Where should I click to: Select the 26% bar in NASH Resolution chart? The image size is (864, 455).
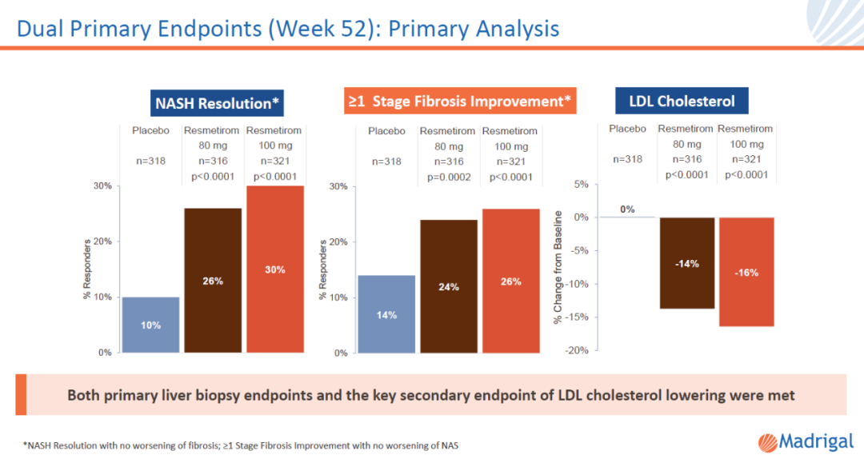click(x=213, y=280)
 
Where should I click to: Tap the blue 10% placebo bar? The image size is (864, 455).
click(x=150, y=325)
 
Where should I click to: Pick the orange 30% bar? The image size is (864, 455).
click(x=275, y=269)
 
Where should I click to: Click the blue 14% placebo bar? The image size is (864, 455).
click(x=386, y=313)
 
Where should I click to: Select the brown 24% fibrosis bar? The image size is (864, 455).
click(x=449, y=285)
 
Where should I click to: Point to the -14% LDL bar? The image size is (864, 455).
click(x=687, y=263)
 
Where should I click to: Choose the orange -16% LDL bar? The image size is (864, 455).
click(x=747, y=272)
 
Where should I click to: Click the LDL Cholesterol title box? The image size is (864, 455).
click(x=682, y=102)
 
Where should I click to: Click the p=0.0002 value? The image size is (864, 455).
click(x=448, y=178)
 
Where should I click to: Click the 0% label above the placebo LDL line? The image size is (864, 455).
click(x=626, y=210)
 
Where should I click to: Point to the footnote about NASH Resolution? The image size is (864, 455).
click(x=240, y=445)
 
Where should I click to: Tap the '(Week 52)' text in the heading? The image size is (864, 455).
click(x=314, y=29)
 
